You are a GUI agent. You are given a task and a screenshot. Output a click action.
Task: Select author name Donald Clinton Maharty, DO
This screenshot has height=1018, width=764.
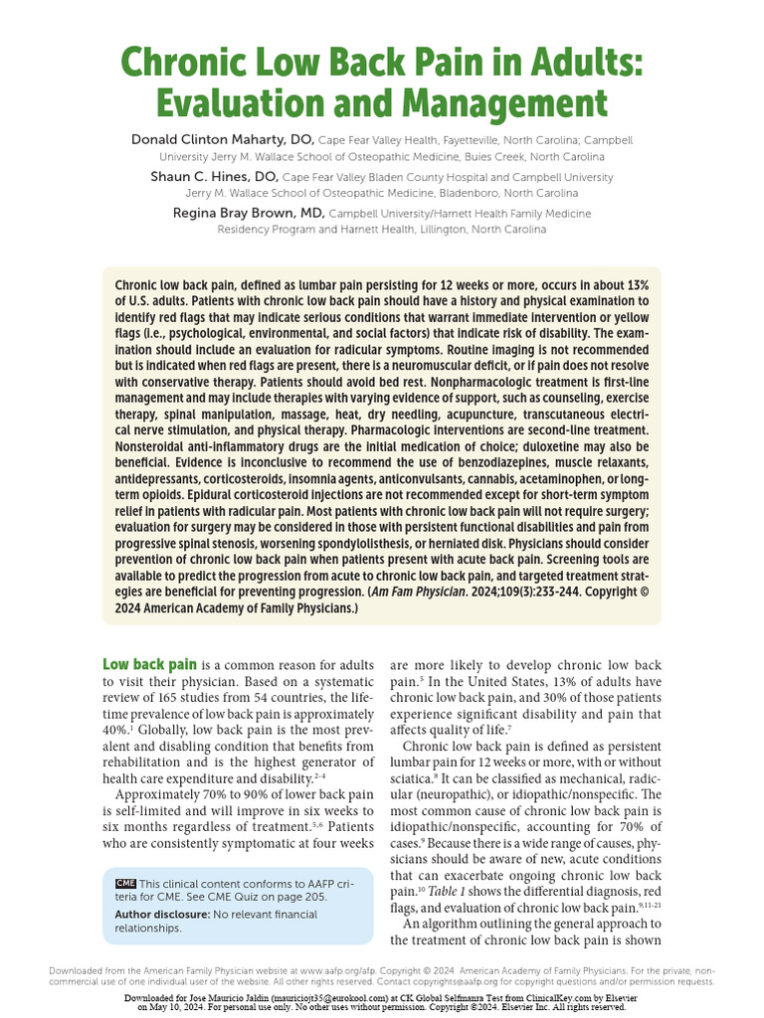222,139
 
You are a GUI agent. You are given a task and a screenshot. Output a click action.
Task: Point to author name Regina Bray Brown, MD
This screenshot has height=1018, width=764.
249,213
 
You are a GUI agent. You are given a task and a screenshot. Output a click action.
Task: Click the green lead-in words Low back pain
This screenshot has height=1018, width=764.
149,664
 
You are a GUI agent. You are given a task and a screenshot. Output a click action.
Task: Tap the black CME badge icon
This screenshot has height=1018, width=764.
125,883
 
